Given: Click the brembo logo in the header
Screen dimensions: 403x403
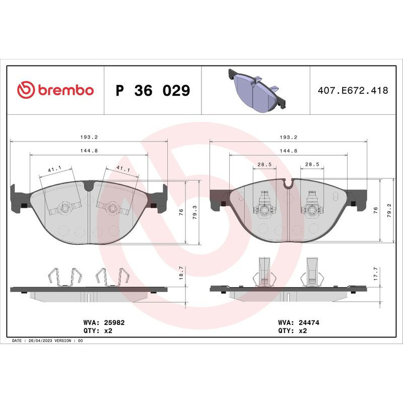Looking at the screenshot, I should point(55,91).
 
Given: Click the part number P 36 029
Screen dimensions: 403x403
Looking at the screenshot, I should point(153,91).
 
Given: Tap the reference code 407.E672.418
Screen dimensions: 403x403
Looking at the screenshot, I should point(353,91).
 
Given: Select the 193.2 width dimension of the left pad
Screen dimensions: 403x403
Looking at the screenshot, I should point(89,137).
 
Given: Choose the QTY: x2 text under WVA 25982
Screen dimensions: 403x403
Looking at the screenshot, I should point(97,330).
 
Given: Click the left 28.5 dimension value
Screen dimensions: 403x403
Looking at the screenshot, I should point(265,164).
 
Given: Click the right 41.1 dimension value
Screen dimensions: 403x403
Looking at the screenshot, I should point(123,170).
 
